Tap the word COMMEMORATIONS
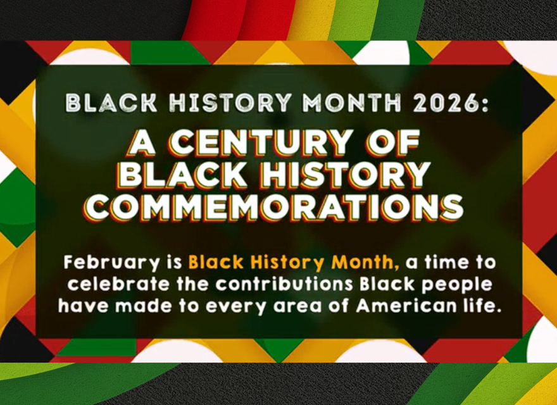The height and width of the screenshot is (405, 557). click(273, 208)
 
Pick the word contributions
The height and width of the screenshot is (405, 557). click(284, 285)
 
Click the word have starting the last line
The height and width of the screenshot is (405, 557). click(84, 306)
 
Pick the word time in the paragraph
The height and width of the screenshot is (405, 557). click(447, 263)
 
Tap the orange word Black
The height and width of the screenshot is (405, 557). click(216, 263)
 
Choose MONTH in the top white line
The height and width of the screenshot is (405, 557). click(351, 103)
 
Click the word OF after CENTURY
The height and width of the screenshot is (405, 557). click(394, 143)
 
